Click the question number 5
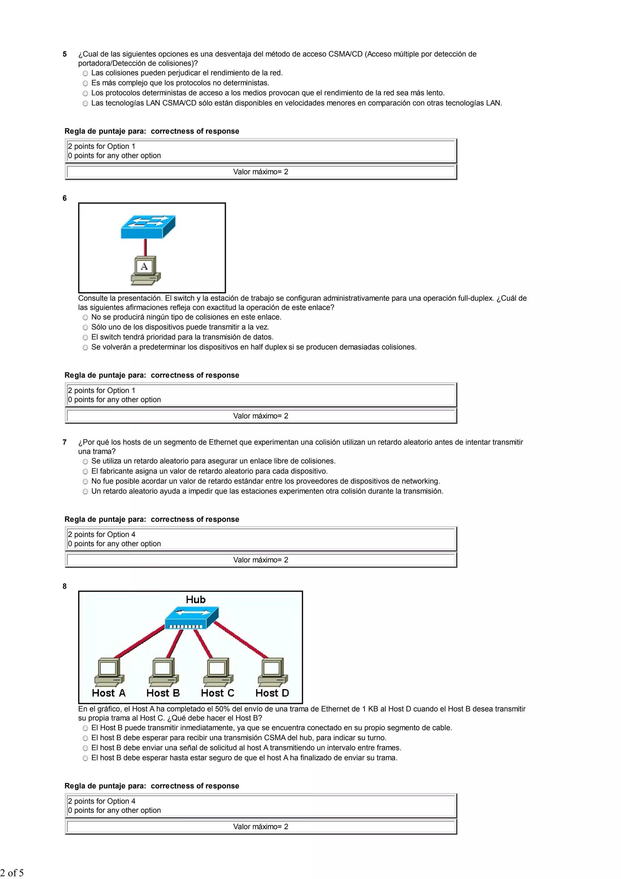coord(65,54)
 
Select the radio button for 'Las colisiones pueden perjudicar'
coord(85,73)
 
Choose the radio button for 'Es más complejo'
coord(85,83)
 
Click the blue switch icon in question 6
coord(148,227)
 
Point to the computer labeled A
coord(146,271)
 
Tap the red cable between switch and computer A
coord(146,247)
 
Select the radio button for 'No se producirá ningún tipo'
coord(85,317)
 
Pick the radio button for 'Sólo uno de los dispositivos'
coord(85,327)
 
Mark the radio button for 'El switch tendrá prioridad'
coord(85,337)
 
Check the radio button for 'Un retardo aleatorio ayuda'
coord(85,492)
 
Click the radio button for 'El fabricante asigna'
coord(85,472)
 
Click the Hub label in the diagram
coord(196,600)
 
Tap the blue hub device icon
coord(191,617)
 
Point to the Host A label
coord(109,693)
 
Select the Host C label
coord(217,693)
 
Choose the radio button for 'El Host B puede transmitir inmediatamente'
coord(85,728)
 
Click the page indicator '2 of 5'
coord(12,873)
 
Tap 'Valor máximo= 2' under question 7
coord(260,560)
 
